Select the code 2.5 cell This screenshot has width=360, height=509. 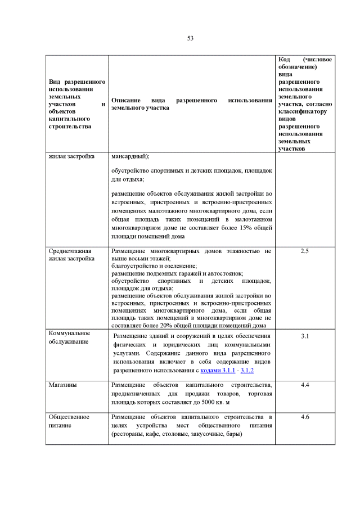(x=305, y=251)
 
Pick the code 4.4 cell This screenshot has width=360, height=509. (x=305, y=385)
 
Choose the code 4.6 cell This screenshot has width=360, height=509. (x=305, y=417)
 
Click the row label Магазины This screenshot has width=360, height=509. (x=63, y=385)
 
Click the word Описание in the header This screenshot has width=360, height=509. (x=125, y=100)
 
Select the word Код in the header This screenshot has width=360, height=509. (x=285, y=59)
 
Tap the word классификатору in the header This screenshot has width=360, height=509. (x=302, y=111)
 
